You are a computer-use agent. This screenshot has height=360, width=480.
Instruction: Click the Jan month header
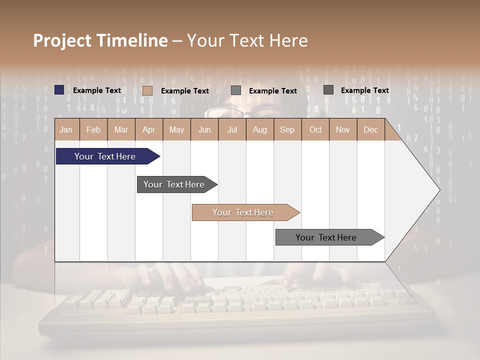tap(66, 129)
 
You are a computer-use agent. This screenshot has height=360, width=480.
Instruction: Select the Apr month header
tap(148, 129)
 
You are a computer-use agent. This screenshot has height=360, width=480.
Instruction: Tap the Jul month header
tap(232, 129)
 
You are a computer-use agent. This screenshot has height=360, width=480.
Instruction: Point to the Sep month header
tap(287, 129)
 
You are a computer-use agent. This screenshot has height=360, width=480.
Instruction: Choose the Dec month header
tap(370, 129)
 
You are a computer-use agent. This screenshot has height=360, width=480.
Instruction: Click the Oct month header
tap(315, 129)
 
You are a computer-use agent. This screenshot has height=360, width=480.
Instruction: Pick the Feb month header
tap(93, 129)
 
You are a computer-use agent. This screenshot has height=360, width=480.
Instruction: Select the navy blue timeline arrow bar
tap(105, 156)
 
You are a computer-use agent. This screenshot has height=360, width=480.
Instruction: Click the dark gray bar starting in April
tap(174, 184)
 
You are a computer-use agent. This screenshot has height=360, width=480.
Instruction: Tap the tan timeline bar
tap(243, 212)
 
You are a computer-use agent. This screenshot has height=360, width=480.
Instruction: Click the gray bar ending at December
tap(326, 237)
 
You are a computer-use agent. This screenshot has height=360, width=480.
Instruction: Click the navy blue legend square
tap(59, 90)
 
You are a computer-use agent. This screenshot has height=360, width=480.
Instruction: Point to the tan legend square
tap(147, 90)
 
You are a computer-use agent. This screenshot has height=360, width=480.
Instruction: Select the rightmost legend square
tap(328, 90)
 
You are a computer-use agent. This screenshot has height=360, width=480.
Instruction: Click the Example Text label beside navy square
tap(97, 90)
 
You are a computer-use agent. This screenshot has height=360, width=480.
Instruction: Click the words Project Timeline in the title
tap(100, 40)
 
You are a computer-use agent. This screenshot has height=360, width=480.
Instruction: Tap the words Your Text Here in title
tap(247, 40)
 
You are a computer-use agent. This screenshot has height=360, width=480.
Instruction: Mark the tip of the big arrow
tap(439, 190)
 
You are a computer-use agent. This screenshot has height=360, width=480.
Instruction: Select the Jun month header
tap(204, 129)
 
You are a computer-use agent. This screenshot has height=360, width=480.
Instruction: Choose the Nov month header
tap(343, 129)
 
